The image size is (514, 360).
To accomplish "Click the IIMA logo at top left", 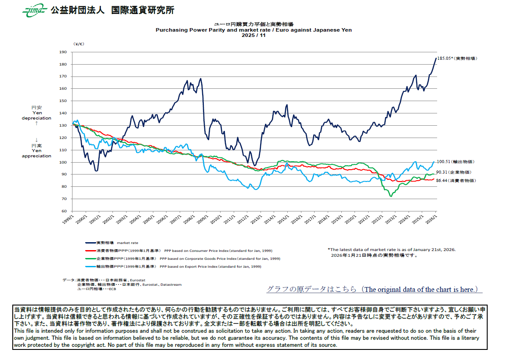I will coord(34,10).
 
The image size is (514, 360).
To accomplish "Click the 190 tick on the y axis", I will coord(62,52).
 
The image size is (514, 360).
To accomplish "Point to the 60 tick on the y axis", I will coord(63,211).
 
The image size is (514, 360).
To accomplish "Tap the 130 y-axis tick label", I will coord(62,125).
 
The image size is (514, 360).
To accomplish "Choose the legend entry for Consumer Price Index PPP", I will coord(176,251).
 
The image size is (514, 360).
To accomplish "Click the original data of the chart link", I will coord(374,289).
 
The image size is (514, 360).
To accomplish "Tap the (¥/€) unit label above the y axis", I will coord(79,44).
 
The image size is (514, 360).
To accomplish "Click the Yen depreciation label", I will coord(36,115).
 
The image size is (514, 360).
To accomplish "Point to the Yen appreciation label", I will coord(36,153).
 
